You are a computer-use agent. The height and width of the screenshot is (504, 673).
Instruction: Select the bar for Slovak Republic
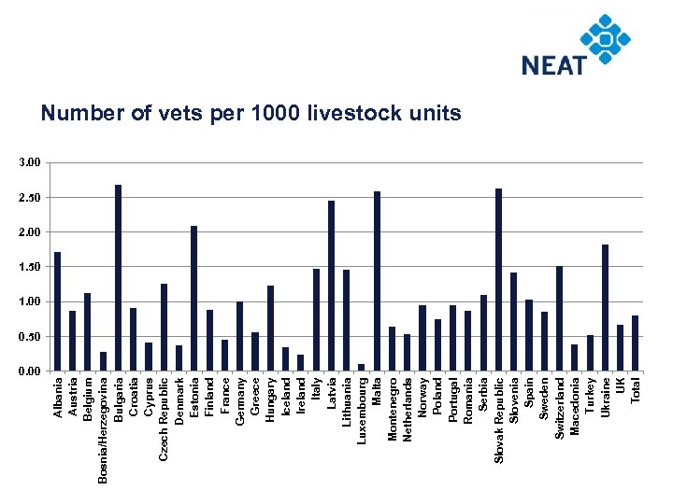point(498,280)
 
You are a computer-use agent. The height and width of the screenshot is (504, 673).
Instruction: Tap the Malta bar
point(377,281)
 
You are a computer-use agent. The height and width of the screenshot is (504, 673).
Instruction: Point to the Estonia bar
point(193,299)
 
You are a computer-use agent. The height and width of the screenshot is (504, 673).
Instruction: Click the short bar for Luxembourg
point(361,368)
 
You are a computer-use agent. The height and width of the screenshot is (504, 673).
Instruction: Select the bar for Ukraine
point(605,308)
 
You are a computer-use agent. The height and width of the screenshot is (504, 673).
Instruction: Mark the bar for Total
point(636,343)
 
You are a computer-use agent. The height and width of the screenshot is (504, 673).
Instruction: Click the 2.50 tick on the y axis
point(29,198)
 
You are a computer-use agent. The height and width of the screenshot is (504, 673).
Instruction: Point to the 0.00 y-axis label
point(29,371)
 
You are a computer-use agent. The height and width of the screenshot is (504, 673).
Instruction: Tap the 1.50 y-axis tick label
point(29,267)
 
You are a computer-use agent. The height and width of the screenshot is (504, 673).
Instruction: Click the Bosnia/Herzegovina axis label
point(103,430)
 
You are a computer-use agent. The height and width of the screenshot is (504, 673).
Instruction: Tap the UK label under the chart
point(620,384)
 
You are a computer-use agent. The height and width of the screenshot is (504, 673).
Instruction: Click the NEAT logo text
point(553,64)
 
